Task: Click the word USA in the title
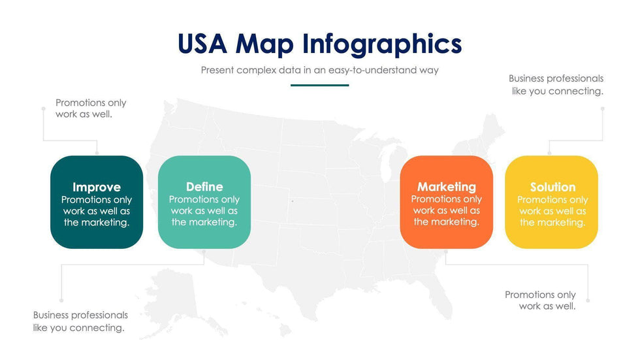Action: click(x=202, y=43)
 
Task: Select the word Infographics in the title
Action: click(x=382, y=44)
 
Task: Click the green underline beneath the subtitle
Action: click(x=319, y=86)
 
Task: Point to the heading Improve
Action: click(x=97, y=187)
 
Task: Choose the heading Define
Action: click(x=204, y=186)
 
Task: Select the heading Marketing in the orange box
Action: click(x=447, y=187)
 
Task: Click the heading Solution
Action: click(x=552, y=187)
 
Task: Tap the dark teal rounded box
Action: click(x=97, y=202)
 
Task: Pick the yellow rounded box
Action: click(x=551, y=202)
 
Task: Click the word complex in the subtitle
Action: click(x=256, y=70)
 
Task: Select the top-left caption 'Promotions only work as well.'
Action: click(x=91, y=108)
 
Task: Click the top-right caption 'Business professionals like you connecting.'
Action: click(x=556, y=84)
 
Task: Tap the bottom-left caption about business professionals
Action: click(x=80, y=321)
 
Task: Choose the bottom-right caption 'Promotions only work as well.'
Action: click(x=541, y=300)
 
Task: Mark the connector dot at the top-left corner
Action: click(x=43, y=108)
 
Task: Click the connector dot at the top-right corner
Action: click(x=602, y=108)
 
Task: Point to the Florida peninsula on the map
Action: click(x=443, y=300)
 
